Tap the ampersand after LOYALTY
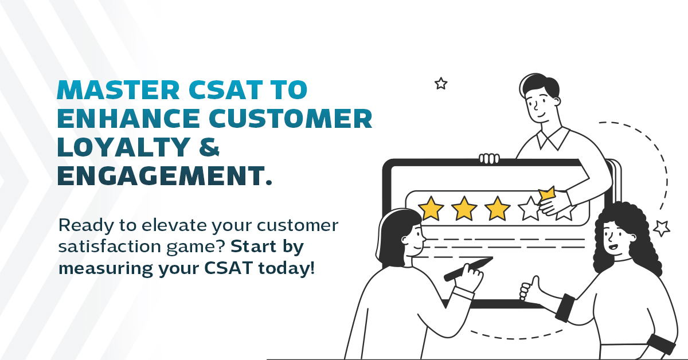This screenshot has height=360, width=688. [209, 147]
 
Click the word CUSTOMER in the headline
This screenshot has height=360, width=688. [291, 118]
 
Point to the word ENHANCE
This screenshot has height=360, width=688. [128, 118]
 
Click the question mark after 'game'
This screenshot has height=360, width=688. [222, 246]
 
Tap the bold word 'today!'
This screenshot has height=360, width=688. [287, 268]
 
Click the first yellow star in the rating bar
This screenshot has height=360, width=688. [431, 209]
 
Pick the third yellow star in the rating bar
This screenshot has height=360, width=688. [497, 209]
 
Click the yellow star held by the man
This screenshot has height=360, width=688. [547, 194]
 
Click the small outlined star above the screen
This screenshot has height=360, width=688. [441, 83]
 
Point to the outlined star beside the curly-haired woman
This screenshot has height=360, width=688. [662, 228]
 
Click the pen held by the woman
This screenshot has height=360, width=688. [468, 269]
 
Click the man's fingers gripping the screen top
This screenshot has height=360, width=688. [489, 158]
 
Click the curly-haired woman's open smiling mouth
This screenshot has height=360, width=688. [613, 246]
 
